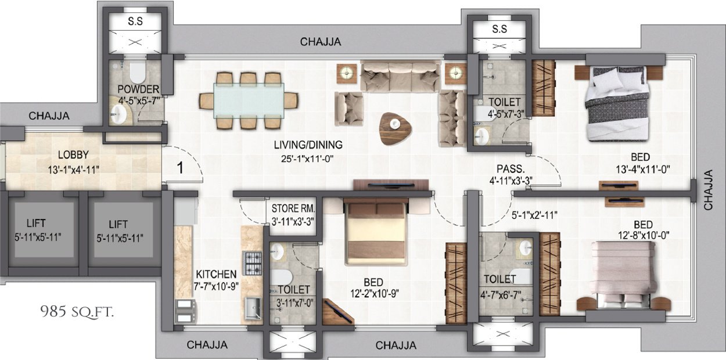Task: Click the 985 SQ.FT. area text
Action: coord(77,312)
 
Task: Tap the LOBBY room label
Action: coord(73,155)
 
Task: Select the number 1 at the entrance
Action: coord(180,168)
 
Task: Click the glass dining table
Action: coord(249,100)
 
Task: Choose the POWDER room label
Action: coord(138,89)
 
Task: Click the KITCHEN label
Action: coord(216,275)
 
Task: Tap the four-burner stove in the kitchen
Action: coord(253,263)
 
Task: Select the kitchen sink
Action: coord(253,308)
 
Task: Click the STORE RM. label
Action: coord(293,208)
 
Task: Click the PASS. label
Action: coord(511,169)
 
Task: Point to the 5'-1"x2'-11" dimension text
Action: coord(534,214)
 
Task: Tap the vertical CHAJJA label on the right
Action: coord(709,190)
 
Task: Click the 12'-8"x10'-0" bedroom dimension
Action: coord(644,235)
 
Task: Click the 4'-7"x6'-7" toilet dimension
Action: coord(501,295)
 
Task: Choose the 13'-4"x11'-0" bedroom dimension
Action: coord(643,169)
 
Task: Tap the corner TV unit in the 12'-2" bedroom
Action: coord(338,311)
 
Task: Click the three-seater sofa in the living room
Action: coord(400,77)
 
